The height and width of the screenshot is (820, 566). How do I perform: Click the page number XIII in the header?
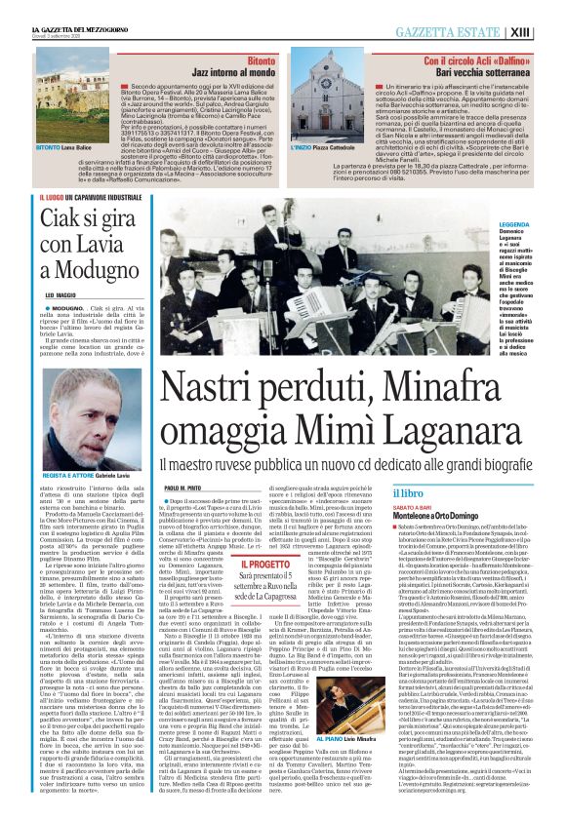coord(546,32)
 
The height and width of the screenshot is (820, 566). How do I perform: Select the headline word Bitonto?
coord(262,60)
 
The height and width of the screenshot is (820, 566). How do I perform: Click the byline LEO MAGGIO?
coord(61,294)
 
